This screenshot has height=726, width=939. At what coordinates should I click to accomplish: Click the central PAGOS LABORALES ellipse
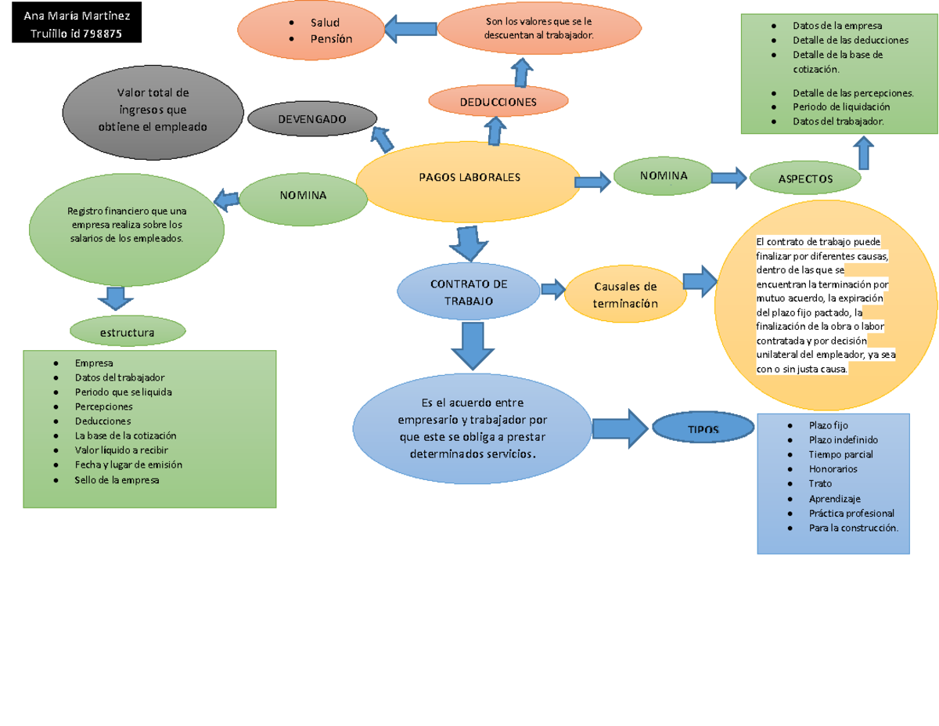pos(469,178)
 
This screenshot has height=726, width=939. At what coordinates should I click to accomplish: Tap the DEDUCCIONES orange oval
pos(498,102)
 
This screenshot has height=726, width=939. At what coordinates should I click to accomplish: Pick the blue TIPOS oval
pos(703,430)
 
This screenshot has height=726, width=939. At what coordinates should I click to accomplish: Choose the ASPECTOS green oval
pos(805,179)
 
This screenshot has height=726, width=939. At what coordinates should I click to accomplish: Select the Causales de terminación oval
pos(624,295)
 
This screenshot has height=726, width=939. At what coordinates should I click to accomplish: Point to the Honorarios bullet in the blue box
pos(833,468)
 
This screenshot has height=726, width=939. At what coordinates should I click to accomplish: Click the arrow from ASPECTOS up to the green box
pos(864,153)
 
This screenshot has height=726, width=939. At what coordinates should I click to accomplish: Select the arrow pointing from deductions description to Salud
pos(410,30)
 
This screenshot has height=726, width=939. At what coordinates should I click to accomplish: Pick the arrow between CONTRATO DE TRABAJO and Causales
pos(553,289)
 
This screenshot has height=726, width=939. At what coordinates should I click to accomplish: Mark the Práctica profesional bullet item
pos(851,513)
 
